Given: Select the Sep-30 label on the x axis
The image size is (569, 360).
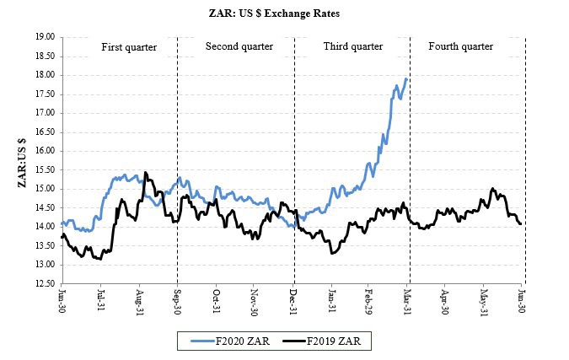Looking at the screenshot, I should [x=177, y=301].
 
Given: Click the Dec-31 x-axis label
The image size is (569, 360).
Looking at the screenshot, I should [x=293, y=301].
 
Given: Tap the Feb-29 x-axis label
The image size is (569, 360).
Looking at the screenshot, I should [x=370, y=301].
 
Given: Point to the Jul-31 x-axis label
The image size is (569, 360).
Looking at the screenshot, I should [x=101, y=301].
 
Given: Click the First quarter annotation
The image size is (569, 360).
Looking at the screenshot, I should [x=129, y=46].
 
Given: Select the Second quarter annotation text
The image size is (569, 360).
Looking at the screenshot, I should [x=239, y=46].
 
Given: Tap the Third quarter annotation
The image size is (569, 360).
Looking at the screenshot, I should [x=353, y=46].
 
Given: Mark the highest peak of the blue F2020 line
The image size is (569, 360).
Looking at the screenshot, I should [x=406, y=78].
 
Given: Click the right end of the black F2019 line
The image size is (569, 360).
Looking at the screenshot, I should [x=522, y=223].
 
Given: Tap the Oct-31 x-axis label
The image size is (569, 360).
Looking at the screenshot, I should [x=216, y=301].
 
